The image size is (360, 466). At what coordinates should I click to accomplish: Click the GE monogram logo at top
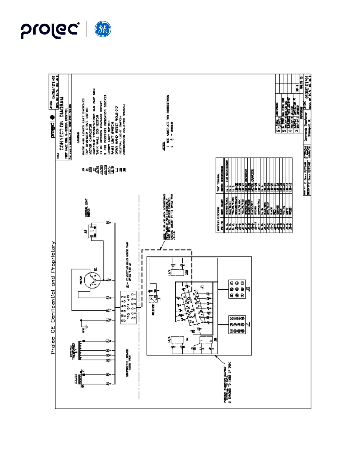103,29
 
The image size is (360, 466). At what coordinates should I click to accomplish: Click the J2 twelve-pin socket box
237,324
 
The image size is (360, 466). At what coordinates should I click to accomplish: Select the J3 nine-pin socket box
237,289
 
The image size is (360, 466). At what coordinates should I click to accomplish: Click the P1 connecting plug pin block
128,308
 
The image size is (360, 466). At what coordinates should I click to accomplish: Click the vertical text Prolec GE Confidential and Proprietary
53,297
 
